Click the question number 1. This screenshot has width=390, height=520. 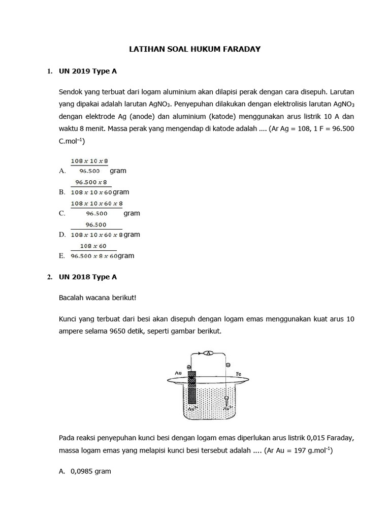pyautogui.click(x=50, y=72)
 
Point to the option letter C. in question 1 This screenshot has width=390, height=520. pyautogui.click(x=62, y=214)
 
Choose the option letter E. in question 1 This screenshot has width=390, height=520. pyautogui.click(x=62, y=256)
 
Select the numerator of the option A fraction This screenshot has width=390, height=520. pyautogui.click(x=89, y=161)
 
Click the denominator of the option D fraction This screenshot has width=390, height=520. pyautogui.click(x=96, y=235)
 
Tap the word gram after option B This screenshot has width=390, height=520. pyautogui.click(x=121, y=192)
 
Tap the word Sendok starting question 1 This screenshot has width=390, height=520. pyautogui.click(x=70, y=93)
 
